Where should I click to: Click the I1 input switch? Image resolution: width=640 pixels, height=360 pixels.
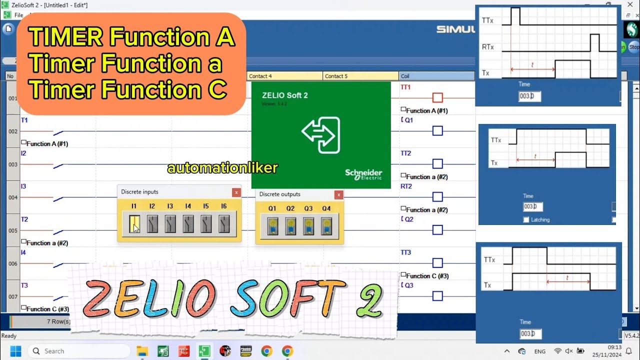point(134,224)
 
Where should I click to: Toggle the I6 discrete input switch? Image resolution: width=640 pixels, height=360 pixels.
point(224,224)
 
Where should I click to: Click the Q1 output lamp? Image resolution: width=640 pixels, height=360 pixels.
point(272,226)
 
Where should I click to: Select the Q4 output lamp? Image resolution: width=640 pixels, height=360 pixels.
point(326,226)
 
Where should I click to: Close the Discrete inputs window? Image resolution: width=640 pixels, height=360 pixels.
point(236,192)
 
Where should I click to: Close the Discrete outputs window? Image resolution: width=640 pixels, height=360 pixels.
point(338,195)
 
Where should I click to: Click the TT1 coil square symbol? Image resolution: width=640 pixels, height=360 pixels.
point(437,97)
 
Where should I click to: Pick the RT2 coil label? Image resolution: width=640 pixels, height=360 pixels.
point(406,186)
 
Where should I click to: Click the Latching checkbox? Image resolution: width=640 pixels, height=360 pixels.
point(526,220)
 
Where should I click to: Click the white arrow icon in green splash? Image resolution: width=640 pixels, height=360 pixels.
point(321,134)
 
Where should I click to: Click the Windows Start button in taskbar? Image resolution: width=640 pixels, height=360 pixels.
point(15,351)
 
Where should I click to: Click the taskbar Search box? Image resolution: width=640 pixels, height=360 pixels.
point(80,351)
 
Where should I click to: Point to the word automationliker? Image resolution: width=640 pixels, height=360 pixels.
point(222,168)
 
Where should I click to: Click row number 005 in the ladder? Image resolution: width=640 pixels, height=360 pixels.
point(12,230)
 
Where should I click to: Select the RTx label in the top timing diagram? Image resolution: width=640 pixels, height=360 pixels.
point(488,47)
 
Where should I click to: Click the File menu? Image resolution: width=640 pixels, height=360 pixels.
point(18,15)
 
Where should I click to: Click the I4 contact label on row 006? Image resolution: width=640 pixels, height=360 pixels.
point(23,252)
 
